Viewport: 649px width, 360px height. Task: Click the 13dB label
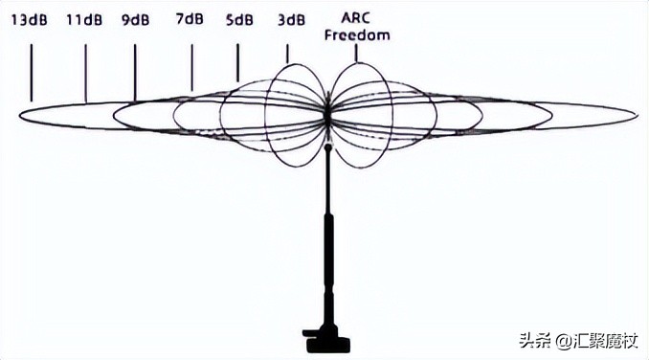click(x=31, y=18)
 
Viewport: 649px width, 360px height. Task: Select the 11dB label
click(x=85, y=18)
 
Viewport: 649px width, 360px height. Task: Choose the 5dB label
click(x=239, y=18)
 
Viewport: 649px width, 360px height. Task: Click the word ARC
click(x=356, y=18)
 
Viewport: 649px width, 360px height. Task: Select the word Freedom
click(x=356, y=35)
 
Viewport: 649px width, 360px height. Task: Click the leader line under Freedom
click(x=356, y=52)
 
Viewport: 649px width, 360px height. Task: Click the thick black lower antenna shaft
click(x=326, y=268)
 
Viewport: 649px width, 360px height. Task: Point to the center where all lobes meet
click(x=327, y=115)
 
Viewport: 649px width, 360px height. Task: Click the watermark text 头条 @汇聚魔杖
click(x=577, y=341)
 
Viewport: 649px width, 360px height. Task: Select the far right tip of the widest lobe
click(x=637, y=115)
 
